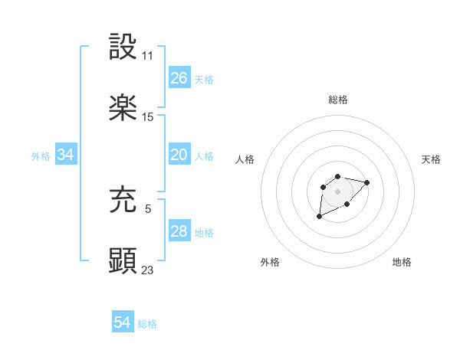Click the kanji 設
(x=123, y=47)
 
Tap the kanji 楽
(x=123, y=107)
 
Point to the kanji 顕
(x=123, y=259)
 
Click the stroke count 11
(x=148, y=56)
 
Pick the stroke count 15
(x=148, y=117)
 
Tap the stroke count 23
(x=148, y=269)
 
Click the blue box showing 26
(x=179, y=78)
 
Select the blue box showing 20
(x=179, y=155)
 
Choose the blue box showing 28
(x=179, y=231)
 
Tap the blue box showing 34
(x=66, y=155)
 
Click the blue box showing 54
(x=123, y=322)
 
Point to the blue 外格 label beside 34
(x=41, y=156)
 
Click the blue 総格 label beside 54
(x=147, y=324)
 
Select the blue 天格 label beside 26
(x=204, y=80)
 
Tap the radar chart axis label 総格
(x=338, y=100)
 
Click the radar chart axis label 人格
(x=245, y=159)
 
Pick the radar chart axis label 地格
(x=402, y=262)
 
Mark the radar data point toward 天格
(x=367, y=182)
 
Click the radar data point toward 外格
(x=320, y=217)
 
